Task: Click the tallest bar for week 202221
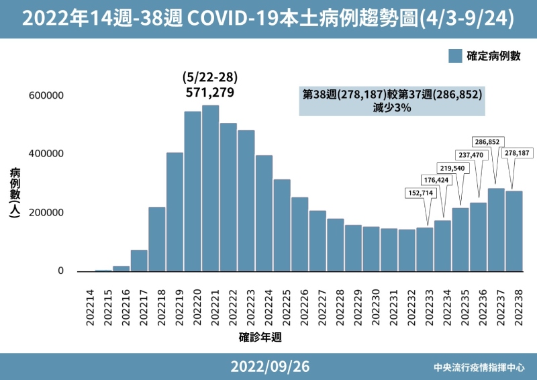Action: point(210,188)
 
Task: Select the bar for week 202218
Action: point(156,239)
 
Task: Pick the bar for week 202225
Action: point(282,225)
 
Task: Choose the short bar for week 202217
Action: point(139,260)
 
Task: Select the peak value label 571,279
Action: point(210,92)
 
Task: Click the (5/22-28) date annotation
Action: point(210,77)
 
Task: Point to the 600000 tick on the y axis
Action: point(46,95)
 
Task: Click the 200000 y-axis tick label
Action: point(46,213)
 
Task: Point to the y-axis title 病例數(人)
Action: point(15,192)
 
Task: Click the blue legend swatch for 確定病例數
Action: point(456,56)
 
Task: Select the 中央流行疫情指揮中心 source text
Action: point(479,368)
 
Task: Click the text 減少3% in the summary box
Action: point(392,107)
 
